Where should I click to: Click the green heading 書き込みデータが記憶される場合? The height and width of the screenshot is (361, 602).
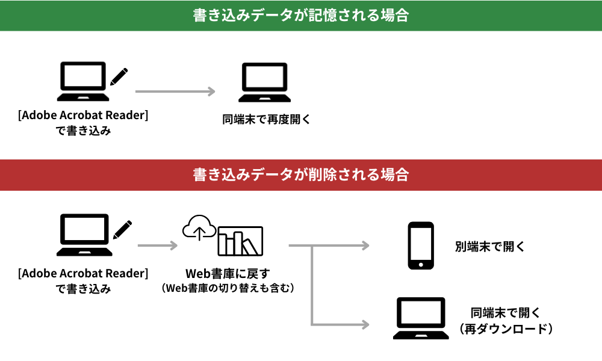point(300,16)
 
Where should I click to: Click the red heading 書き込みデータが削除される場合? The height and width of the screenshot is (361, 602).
point(300,175)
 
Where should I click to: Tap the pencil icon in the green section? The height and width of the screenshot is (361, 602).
point(119,76)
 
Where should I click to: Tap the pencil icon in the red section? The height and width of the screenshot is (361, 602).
point(122,229)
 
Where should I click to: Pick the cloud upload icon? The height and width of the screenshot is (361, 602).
point(199,228)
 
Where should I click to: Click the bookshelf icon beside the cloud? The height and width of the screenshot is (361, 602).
point(240,241)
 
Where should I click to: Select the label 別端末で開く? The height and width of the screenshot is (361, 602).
point(490,247)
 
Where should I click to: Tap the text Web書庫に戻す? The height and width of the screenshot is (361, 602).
point(228,275)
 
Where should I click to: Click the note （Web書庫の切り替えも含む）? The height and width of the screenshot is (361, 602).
point(228,289)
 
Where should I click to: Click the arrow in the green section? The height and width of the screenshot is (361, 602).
point(175,91)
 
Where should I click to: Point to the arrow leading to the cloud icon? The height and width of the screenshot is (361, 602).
point(158,245)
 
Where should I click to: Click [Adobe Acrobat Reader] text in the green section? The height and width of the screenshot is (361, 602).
point(83,116)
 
